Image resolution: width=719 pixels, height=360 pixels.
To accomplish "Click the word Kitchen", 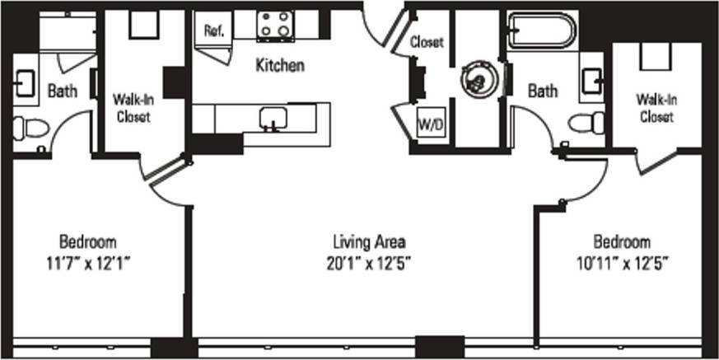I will (x=281, y=65).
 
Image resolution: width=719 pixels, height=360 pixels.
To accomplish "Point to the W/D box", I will (x=430, y=126).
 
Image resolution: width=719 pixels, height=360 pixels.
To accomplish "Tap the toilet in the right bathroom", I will (x=586, y=124).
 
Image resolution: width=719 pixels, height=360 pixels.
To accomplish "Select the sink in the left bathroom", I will (x=22, y=81).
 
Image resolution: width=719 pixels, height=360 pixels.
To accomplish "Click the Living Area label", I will (x=370, y=242).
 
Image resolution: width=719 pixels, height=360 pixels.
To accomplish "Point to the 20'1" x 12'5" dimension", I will (x=370, y=263).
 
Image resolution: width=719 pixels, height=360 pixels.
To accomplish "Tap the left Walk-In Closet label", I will (x=132, y=108).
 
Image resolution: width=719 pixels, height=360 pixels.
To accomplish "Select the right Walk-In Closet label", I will (x=656, y=108).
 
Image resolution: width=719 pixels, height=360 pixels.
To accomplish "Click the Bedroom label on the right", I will (x=622, y=242).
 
